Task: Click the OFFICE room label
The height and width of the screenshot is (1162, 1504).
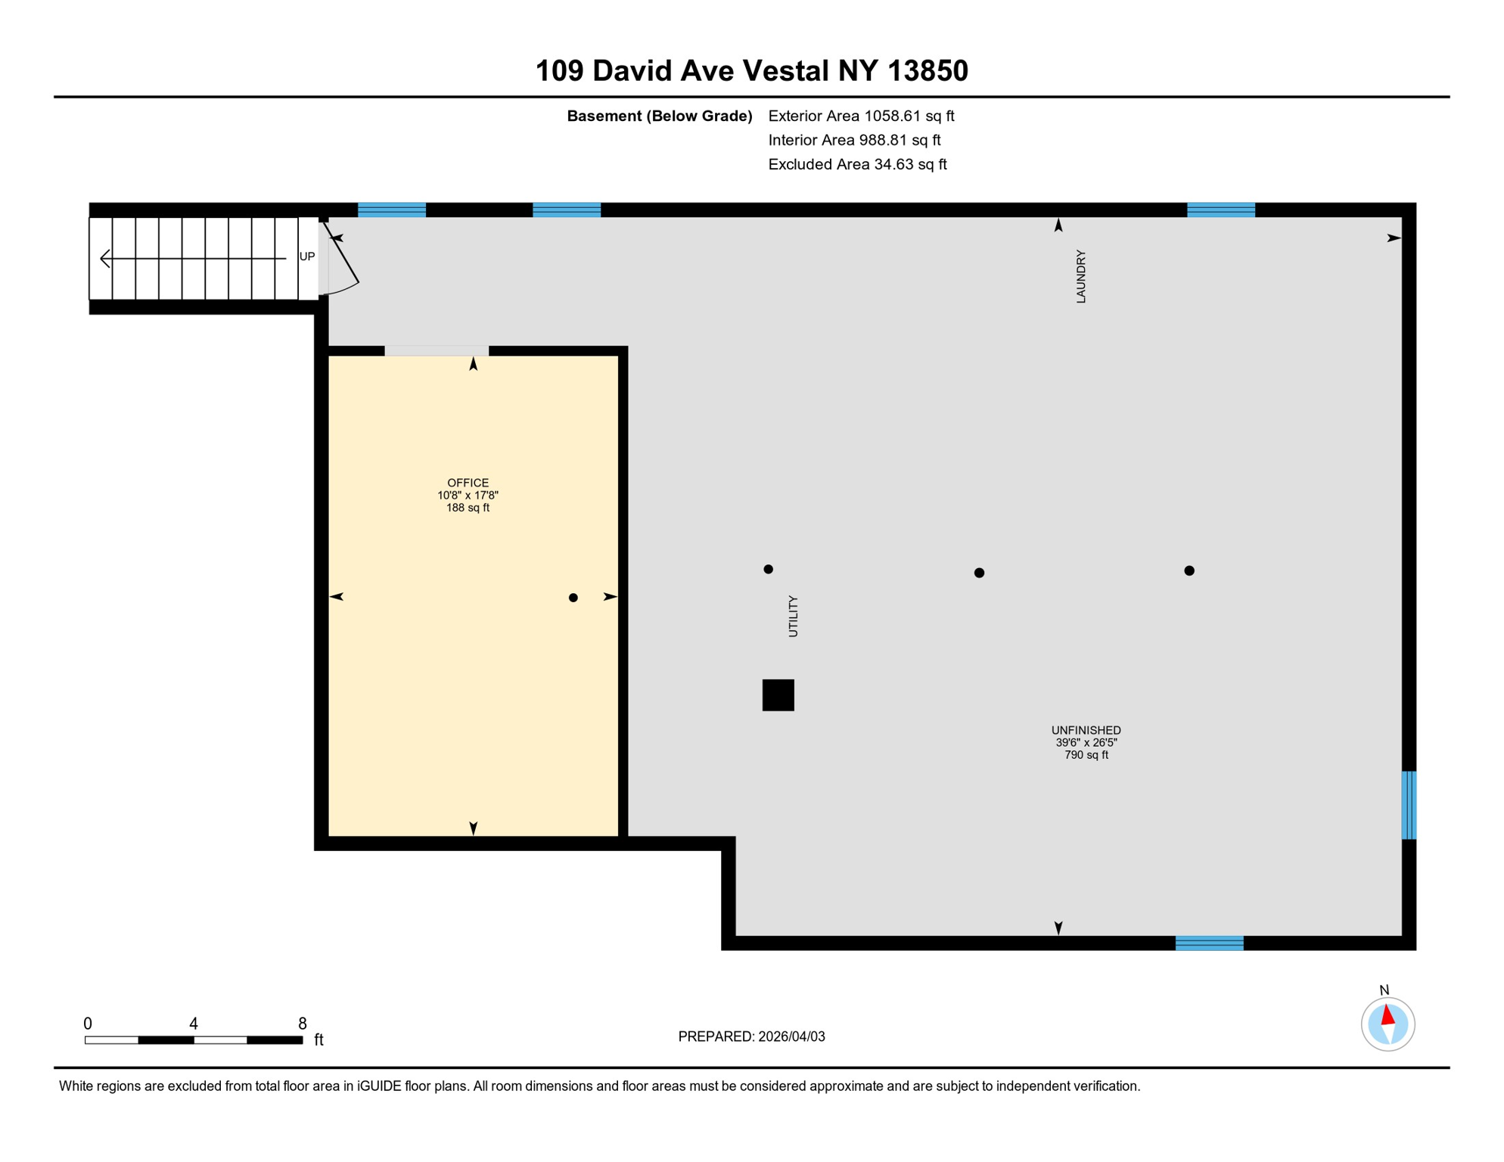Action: click(x=468, y=483)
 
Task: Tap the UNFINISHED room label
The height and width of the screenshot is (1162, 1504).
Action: click(x=1086, y=730)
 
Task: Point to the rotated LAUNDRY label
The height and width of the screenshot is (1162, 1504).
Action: click(x=1081, y=277)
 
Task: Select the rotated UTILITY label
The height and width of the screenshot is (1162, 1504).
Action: click(x=793, y=616)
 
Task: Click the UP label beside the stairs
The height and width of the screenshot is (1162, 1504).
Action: click(x=307, y=256)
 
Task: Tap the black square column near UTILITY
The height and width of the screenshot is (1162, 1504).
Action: click(x=778, y=694)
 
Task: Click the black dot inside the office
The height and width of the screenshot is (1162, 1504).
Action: click(x=573, y=598)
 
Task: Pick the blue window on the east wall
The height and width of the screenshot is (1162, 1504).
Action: click(x=1409, y=805)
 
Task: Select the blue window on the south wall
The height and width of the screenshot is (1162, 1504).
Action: click(x=1209, y=943)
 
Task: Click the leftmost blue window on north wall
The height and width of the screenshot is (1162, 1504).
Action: click(x=392, y=210)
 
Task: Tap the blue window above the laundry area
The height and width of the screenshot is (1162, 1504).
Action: click(x=1221, y=210)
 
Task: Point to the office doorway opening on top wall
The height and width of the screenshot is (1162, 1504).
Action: click(x=437, y=350)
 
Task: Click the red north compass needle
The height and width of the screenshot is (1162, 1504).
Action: click(x=1387, y=1014)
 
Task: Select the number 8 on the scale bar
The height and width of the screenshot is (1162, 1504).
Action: click(x=303, y=1024)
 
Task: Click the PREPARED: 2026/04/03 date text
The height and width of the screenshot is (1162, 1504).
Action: click(x=751, y=1036)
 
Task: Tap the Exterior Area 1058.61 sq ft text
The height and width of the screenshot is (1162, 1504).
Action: click(x=861, y=116)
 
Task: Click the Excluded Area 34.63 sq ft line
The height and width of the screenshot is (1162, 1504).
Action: click(x=857, y=164)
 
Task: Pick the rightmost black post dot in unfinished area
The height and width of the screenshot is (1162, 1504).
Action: click(x=1189, y=570)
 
